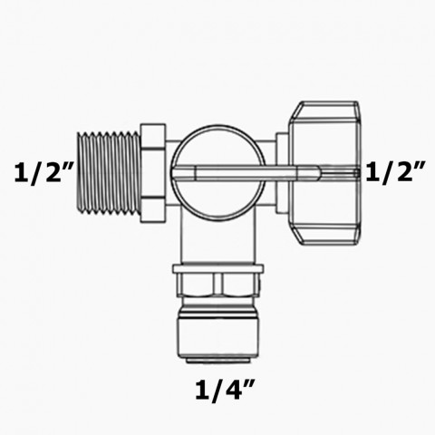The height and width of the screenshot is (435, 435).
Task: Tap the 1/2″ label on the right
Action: pyautogui.click(x=395, y=172)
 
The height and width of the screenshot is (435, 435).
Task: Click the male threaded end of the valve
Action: pyautogui.click(x=107, y=171)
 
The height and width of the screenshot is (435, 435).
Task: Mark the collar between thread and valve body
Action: pyautogui.click(x=151, y=171)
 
